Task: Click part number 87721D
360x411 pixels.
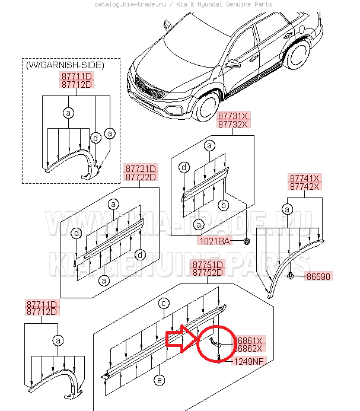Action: [x=140, y=168]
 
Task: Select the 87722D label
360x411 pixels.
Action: [x=140, y=177]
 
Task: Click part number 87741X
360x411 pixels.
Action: [x=305, y=178]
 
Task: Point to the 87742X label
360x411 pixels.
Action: [x=305, y=186]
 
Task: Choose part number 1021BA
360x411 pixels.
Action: [x=214, y=241]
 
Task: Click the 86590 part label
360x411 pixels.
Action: [x=318, y=276]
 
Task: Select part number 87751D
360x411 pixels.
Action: [x=206, y=264]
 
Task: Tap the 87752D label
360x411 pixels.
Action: [x=206, y=272]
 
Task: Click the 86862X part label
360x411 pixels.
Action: [x=250, y=349]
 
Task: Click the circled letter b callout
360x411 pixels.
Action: [x=224, y=205]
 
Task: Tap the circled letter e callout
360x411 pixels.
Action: [x=160, y=380]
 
